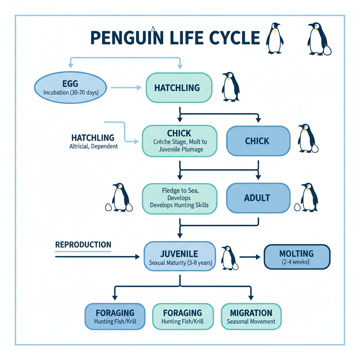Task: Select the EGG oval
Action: point(70,88)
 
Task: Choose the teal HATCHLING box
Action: point(179,88)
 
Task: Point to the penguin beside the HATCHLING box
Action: point(231,87)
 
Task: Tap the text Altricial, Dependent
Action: point(94,146)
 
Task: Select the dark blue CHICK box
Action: point(258,141)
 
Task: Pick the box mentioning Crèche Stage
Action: point(179,141)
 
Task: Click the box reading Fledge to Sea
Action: point(179,198)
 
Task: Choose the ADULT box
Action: point(258,198)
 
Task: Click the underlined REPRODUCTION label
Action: point(83,245)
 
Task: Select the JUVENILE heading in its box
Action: point(179,254)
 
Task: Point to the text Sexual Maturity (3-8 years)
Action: point(180,263)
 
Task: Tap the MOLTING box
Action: point(296,257)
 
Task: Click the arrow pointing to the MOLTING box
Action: point(249,257)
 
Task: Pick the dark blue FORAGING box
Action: point(115,316)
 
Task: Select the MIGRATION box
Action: point(251,316)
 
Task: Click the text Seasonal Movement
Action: point(251,321)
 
